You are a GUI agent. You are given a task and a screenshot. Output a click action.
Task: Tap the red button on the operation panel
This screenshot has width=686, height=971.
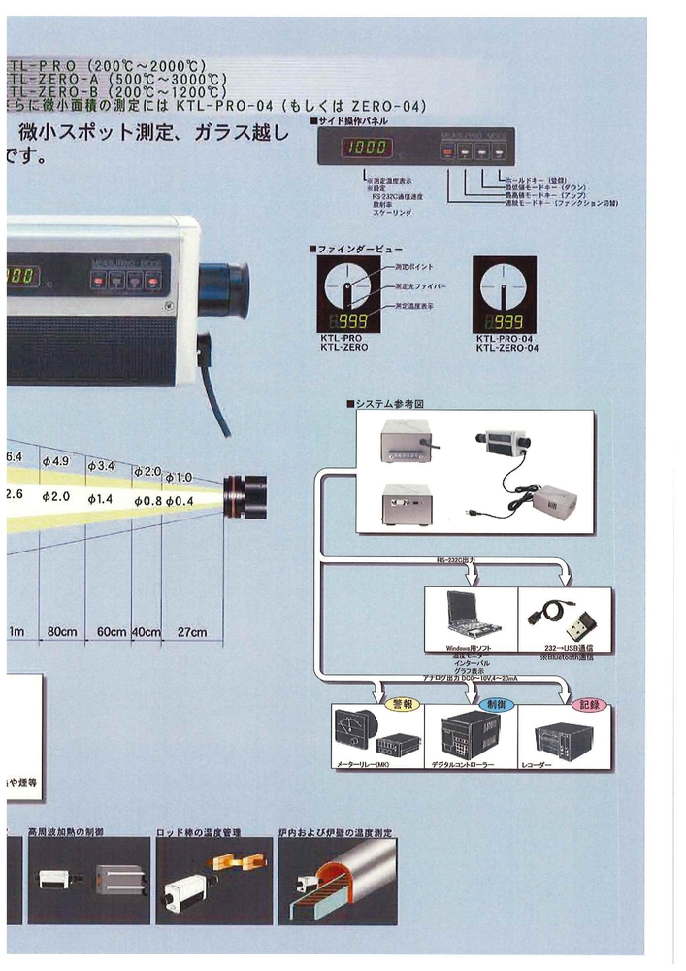pyautogui.click(x=447, y=151)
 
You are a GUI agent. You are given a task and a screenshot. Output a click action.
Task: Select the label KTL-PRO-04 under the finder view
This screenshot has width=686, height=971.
pyautogui.click(x=505, y=339)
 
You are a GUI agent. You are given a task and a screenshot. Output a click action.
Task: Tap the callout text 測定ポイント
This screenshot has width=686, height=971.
pyautogui.click(x=414, y=266)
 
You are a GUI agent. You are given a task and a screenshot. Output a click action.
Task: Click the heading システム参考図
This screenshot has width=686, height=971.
pyautogui.click(x=386, y=403)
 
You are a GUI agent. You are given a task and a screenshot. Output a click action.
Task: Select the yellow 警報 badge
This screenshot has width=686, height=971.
pyautogui.click(x=400, y=702)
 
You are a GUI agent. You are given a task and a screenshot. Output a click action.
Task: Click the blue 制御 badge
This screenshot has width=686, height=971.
pyautogui.click(x=494, y=702)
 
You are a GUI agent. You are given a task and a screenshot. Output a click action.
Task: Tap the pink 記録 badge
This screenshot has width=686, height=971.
pyautogui.click(x=588, y=702)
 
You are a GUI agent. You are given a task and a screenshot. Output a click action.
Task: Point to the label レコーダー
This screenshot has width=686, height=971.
pyautogui.click(x=565, y=765)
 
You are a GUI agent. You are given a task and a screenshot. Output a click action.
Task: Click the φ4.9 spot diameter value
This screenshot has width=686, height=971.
pyautogui.click(x=56, y=461)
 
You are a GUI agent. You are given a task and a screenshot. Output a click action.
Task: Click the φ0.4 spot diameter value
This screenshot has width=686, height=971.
pyautogui.click(x=179, y=500)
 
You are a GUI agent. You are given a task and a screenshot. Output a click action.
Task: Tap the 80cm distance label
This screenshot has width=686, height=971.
pyautogui.click(x=62, y=632)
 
